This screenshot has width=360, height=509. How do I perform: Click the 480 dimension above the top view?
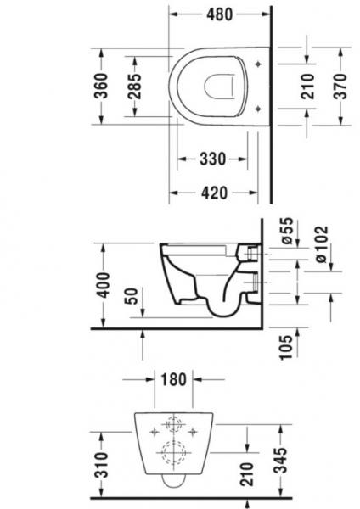217,14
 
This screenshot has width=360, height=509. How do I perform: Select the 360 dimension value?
101,86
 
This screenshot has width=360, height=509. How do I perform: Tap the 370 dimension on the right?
340,86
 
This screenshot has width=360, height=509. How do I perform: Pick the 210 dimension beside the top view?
307,86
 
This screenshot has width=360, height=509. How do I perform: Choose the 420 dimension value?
217,193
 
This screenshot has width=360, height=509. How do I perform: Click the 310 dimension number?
101,464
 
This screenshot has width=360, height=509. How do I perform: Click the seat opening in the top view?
220,86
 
